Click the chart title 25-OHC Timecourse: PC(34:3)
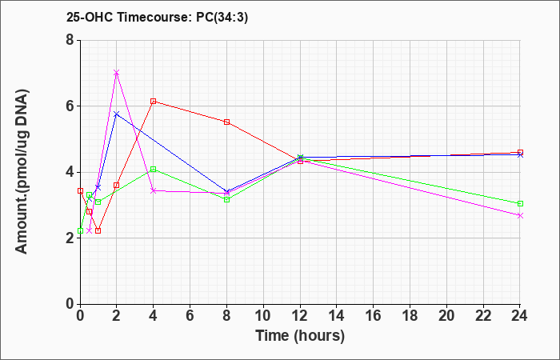click(157, 17)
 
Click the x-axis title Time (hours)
click(300, 336)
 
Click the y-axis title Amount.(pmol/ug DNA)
click(22, 172)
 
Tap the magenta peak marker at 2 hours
click(117, 73)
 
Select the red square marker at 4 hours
click(154, 102)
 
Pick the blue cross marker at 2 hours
click(117, 114)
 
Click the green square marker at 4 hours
click(154, 170)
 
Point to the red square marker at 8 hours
click(226, 122)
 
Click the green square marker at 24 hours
click(520, 203)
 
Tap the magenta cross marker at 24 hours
click(520, 216)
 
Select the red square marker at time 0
click(80, 190)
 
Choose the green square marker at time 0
click(80, 230)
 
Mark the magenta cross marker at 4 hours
click(154, 190)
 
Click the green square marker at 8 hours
click(226, 200)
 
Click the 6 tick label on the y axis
click(70, 106)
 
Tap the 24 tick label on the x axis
click(519, 316)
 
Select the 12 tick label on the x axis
click(300, 316)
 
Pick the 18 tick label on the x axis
click(410, 316)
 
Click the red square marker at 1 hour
click(98, 230)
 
